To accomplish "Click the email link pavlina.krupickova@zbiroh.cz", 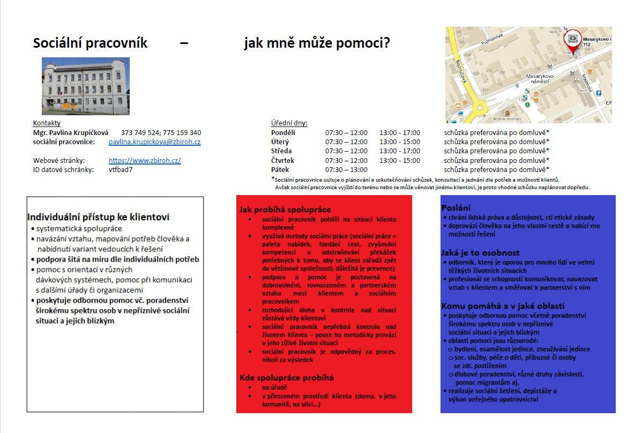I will pyautogui.click(x=154, y=142).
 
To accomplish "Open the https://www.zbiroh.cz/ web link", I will pyautogui.click(x=145, y=161).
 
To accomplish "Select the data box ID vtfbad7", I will pyautogui.click(x=121, y=170).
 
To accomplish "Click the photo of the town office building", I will pyautogui.click(x=86, y=86).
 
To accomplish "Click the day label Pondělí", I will pyautogui.click(x=283, y=133).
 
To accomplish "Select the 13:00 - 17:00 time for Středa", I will pyautogui.click(x=400, y=151).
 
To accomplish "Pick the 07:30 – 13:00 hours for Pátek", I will pyautogui.click(x=346, y=170).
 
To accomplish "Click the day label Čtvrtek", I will pyautogui.click(x=283, y=161).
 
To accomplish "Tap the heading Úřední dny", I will pyautogui.click(x=289, y=123).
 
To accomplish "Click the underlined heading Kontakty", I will pyautogui.click(x=47, y=123).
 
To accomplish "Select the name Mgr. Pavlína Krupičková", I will pyautogui.click(x=71, y=133).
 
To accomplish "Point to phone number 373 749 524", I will pyautogui.click(x=140, y=133).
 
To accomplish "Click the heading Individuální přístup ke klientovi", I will pyautogui.click(x=98, y=217).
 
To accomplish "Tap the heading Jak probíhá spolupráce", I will pyautogui.click(x=285, y=210).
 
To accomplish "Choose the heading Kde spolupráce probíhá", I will pyautogui.click(x=287, y=378).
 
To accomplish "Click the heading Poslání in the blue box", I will pyautogui.click(x=456, y=208).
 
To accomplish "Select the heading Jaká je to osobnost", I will pyautogui.click(x=480, y=252).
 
